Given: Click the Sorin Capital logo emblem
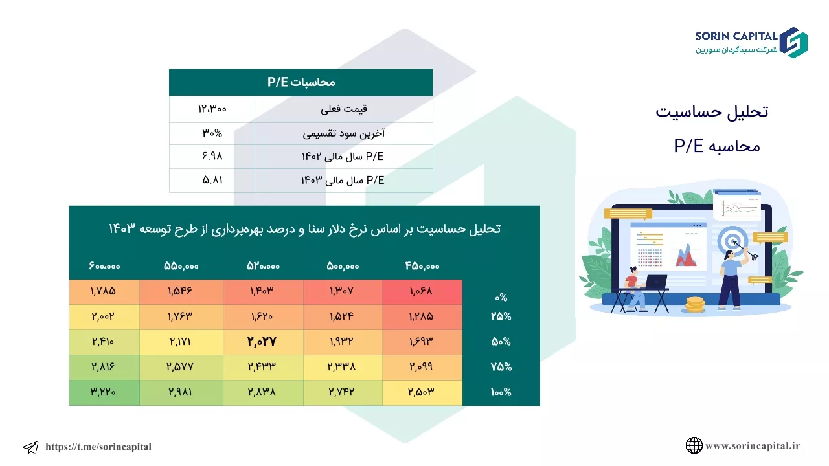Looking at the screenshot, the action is tap(793, 43).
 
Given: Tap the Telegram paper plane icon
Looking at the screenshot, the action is tap(30, 447).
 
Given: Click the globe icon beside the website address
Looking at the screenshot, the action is tap(694, 445).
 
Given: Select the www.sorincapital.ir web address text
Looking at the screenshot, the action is tap(753, 446).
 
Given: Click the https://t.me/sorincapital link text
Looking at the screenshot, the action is tap(98, 447).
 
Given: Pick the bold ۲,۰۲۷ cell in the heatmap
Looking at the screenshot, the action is tap(262, 341).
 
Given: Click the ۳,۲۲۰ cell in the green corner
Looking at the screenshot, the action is tap(103, 392).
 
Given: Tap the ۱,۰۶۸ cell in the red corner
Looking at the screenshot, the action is tap(421, 291).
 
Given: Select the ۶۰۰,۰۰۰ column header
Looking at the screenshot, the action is tap(104, 266).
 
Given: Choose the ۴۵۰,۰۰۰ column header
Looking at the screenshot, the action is tap(422, 266).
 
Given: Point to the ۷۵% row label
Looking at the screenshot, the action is tap(501, 366).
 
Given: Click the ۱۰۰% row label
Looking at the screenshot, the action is tap(501, 392).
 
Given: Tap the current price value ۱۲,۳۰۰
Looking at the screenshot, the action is tap(212, 109).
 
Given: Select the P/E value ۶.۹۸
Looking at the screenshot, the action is tap(212, 156).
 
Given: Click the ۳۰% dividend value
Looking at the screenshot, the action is tap(212, 133).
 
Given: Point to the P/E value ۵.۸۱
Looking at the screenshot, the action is tap(212, 180).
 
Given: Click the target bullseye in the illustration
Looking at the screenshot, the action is tap(731, 241).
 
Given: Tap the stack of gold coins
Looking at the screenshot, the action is tap(695, 305).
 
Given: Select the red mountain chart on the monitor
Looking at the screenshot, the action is tap(686, 255).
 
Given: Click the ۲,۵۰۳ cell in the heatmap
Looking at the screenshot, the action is tap(421, 392).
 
